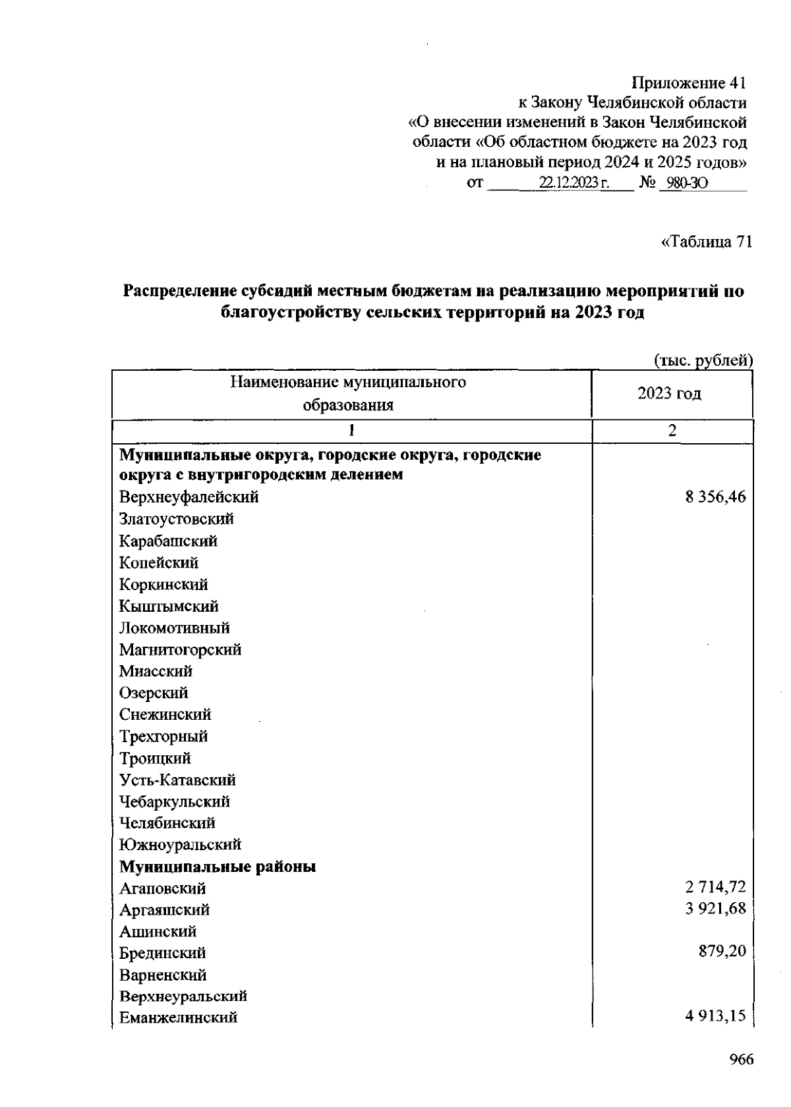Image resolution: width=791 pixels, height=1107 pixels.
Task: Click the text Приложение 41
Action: coord(689,84)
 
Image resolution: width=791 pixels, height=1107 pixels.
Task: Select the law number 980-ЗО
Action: coord(686,183)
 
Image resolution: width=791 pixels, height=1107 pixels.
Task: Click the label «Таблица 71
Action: coord(706,242)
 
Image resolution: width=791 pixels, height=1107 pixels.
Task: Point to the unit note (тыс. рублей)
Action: coord(703,360)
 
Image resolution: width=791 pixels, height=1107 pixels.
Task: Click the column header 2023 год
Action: coord(669,394)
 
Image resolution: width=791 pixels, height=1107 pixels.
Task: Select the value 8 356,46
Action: coord(715,497)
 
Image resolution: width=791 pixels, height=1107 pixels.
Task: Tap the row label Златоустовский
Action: coord(177,519)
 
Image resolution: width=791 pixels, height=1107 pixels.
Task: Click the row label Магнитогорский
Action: coord(180,650)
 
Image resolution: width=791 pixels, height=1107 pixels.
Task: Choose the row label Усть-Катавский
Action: coord(177,780)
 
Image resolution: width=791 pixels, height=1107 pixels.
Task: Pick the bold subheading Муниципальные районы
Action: coord(218,867)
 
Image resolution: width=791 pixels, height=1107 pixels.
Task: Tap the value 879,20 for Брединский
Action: coord(722,953)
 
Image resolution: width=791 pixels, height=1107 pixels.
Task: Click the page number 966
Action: coord(741,1060)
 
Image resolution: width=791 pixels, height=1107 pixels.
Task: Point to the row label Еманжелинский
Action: coord(178,1017)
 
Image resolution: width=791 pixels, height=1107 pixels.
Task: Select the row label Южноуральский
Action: coord(180,845)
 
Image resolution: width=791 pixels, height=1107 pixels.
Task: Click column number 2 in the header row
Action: coord(672,431)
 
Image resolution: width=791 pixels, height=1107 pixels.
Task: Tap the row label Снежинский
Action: coord(165,715)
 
